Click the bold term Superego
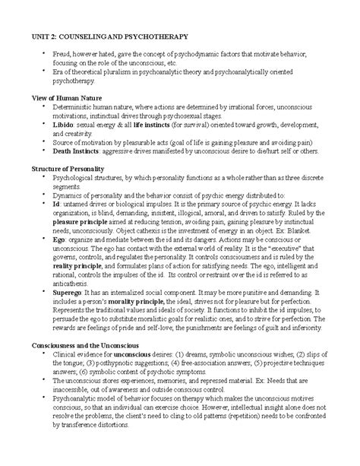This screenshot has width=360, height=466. [x=69, y=290]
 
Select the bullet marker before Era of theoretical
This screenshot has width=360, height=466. [x=45, y=71]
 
